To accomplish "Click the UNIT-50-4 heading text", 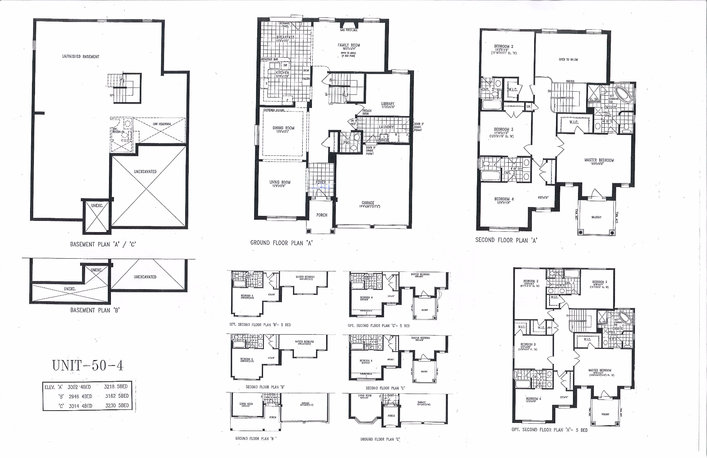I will (88, 365).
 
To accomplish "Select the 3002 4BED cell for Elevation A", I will (79, 387).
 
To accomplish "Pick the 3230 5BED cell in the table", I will (117, 406).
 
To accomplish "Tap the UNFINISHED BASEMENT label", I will (80, 57).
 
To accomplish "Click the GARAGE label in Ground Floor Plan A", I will (368, 203).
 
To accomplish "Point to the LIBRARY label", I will (387, 104).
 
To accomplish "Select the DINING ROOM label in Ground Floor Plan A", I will (283, 128).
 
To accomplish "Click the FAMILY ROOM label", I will (348, 45).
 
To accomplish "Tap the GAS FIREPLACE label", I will (348, 30).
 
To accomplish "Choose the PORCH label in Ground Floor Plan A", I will (322, 215).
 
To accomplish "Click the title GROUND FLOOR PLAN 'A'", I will (281, 243).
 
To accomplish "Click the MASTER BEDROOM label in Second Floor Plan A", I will (599, 160).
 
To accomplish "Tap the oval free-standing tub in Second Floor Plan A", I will (623, 93).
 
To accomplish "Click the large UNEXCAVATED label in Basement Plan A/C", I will (145, 172).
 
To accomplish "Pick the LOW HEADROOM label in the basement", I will (161, 124).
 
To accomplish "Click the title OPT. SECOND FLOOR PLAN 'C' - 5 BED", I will (378, 325).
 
